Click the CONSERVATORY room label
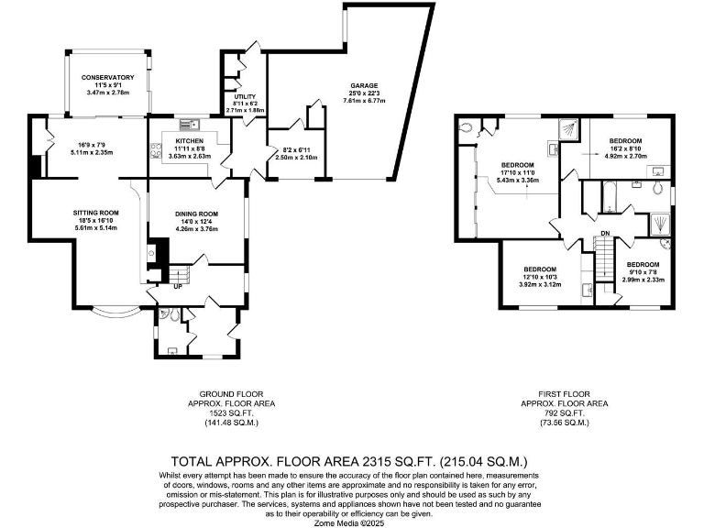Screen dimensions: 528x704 coord(107,78)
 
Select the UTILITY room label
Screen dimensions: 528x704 coord(245,96)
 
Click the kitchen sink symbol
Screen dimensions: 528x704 coord(191,124)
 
